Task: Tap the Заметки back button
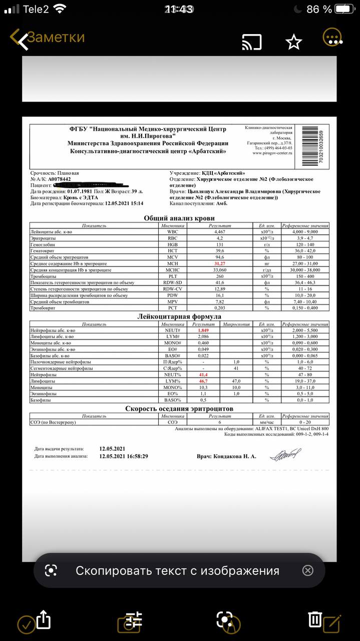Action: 48,38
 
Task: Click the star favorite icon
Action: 294,42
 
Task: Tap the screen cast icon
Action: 252,42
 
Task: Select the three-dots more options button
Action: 332,38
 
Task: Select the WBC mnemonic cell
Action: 173,232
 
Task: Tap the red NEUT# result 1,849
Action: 203,331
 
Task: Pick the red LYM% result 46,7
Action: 203,381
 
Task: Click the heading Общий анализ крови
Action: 179,218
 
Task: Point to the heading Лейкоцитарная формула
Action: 179,316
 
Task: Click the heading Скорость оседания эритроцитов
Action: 179,409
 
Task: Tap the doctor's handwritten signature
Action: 286,455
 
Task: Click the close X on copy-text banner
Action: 308,570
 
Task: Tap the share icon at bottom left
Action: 44,619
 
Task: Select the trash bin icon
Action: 314,619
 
